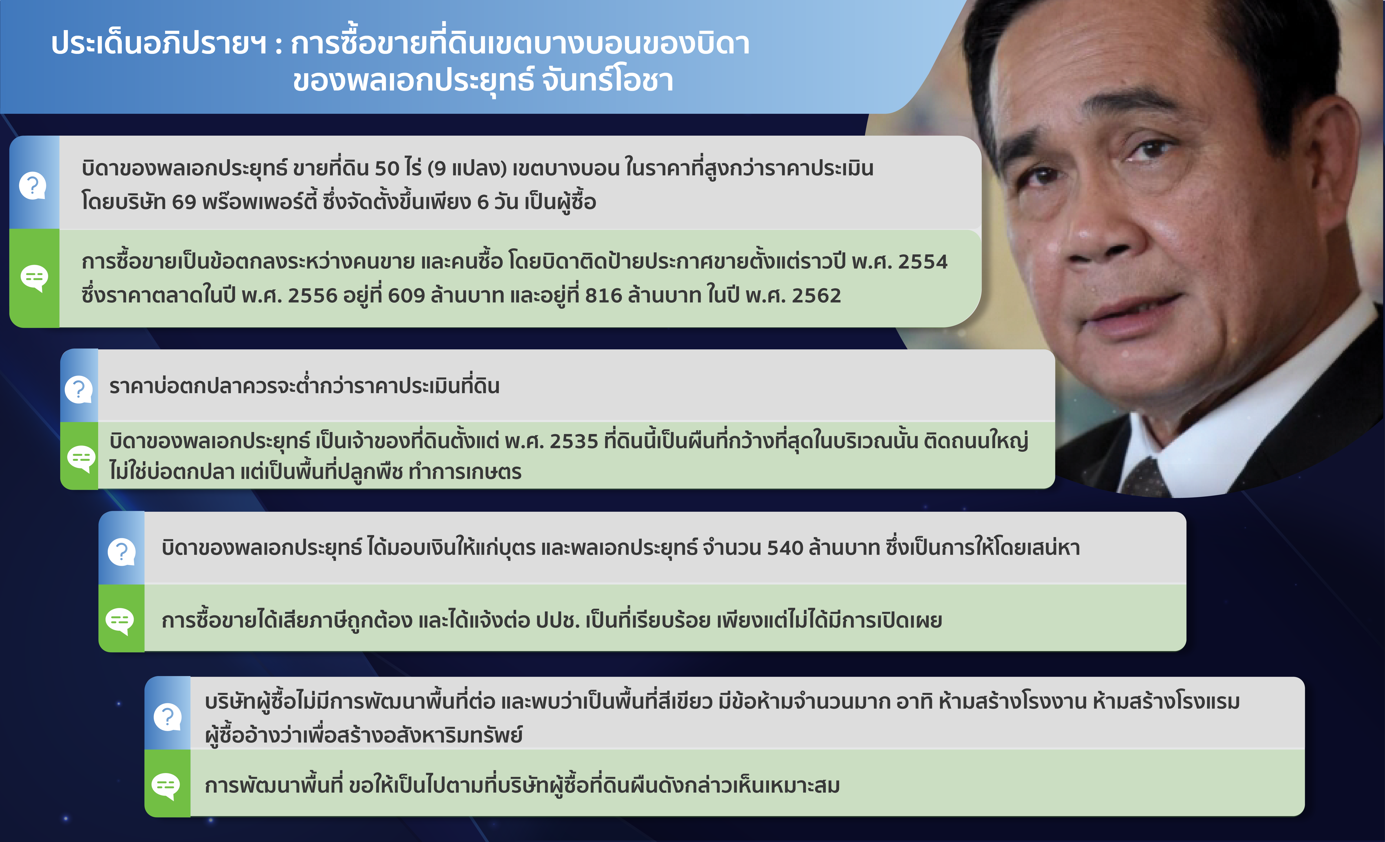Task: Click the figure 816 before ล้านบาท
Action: click(604, 295)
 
